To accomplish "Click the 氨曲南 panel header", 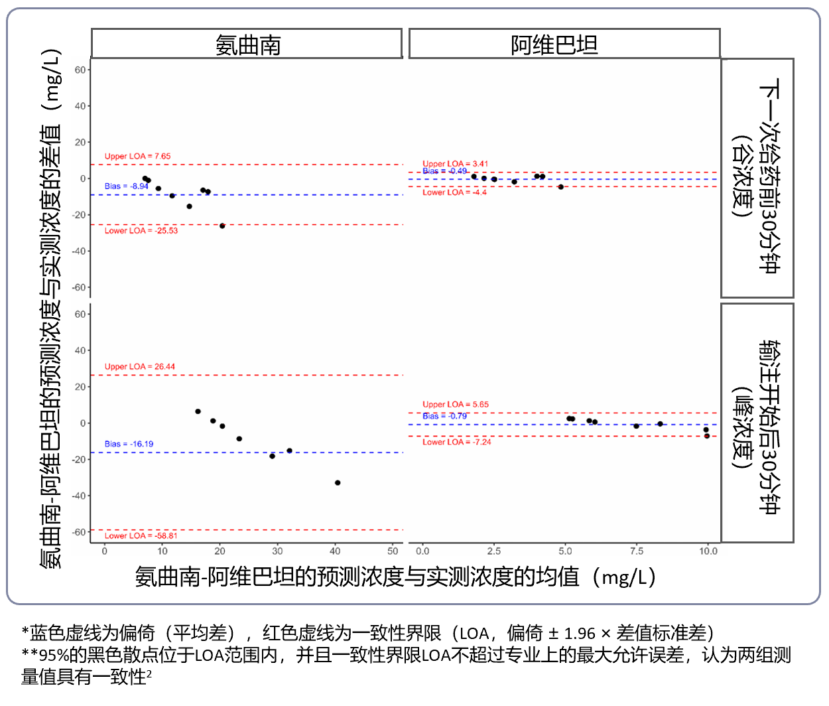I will coord(247,44).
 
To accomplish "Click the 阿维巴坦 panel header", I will coord(564,44).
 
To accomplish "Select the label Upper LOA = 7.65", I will coord(137,157).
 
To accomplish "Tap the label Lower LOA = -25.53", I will coord(141,231).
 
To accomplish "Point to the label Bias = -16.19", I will coord(129,444).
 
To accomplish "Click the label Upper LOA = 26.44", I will coord(139,367).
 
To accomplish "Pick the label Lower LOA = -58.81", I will coord(141,535).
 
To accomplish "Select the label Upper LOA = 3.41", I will coord(455,164).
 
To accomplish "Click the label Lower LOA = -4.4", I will coord(454,192).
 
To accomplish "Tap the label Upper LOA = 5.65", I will coord(455,405).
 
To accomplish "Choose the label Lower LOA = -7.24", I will coord(457,442).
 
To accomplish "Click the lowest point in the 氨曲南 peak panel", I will coord(338,483).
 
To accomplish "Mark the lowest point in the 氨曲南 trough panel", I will coord(222,226).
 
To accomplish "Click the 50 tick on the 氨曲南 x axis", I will coord(393,551).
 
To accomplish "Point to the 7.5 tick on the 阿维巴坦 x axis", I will coord(637,551).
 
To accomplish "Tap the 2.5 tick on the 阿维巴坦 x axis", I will coord(494,551).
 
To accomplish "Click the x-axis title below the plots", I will coord(395,577).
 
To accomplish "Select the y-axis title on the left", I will coord(50,309).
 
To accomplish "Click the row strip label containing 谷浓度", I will coord(757,177).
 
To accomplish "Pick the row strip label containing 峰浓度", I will coord(757,423).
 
